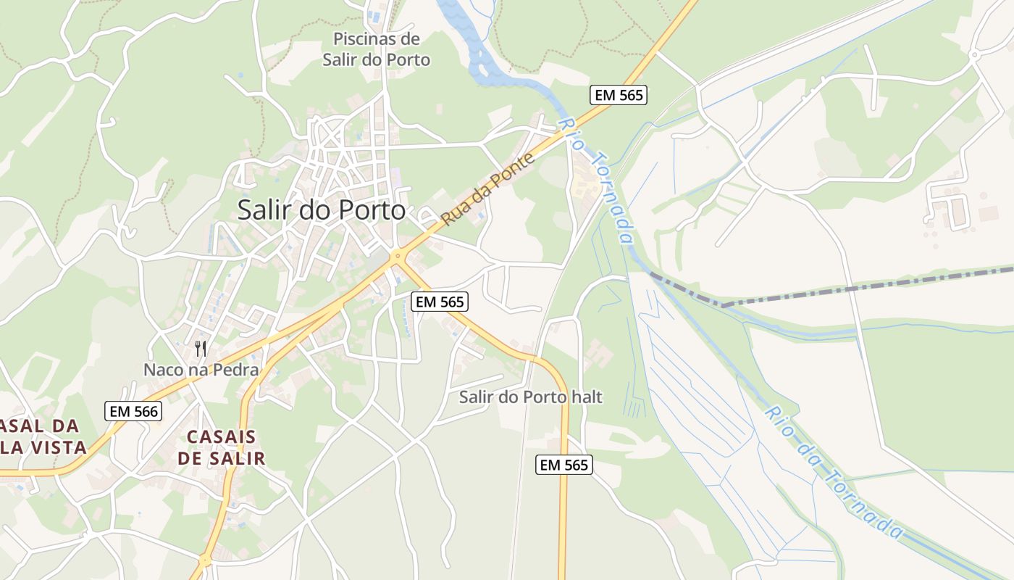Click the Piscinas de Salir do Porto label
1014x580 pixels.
376,49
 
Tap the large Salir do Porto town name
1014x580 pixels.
322,210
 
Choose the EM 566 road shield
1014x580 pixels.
133,411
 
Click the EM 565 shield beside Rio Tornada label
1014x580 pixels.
618,95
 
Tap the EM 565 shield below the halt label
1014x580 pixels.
564,465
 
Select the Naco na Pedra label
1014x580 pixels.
201,370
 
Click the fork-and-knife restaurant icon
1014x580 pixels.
201,349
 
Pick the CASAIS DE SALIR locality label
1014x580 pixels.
222,447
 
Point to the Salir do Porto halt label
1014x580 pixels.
531,397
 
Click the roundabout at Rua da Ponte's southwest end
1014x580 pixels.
396,256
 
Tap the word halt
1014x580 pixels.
586,397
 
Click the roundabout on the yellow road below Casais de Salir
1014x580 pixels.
205,560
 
